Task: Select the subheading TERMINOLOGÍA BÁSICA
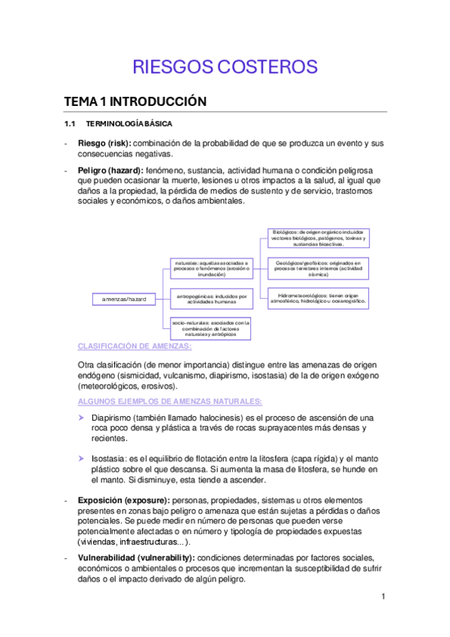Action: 129,123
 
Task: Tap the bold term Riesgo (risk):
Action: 104,143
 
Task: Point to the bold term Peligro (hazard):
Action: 110,171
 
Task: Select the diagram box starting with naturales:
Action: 211,269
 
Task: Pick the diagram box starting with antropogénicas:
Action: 211,299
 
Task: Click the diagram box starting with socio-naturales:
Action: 211,328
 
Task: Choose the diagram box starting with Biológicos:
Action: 318,238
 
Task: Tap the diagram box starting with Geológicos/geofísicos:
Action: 318,269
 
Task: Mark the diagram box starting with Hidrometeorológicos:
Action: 318,298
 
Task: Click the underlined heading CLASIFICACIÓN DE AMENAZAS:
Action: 134,346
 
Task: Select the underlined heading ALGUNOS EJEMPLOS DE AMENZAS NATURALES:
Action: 170,401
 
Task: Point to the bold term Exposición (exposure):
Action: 124,500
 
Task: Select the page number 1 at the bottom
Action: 383,597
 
